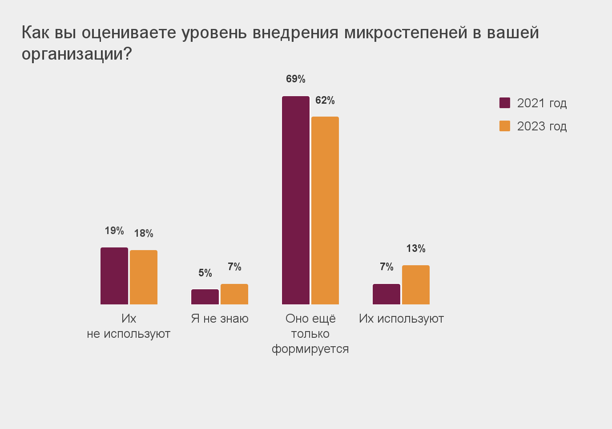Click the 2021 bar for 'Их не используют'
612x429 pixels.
pos(114,276)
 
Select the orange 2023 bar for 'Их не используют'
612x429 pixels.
pos(144,277)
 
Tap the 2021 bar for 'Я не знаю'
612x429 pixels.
pos(205,297)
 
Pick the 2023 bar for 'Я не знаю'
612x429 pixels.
pos(234,294)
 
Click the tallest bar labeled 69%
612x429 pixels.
pos(296,200)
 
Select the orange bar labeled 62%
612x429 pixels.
pos(325,210)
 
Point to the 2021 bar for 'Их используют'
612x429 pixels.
pos(387,294)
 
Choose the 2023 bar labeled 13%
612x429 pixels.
pos(416,285)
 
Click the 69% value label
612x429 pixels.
pos(296,79)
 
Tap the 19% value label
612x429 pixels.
pos(114,231)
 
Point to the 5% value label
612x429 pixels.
pos(205,273)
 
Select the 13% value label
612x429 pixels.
pos(416,248)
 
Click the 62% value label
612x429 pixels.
pos(325,101)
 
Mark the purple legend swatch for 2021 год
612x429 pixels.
pos(505,103)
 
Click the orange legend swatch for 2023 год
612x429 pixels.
pos(505,126)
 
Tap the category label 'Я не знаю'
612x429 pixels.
pos(220,319)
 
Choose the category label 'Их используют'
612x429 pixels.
pos(401,319)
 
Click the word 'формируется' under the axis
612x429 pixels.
pos(310,349)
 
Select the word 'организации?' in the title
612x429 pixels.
pos(77,54)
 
